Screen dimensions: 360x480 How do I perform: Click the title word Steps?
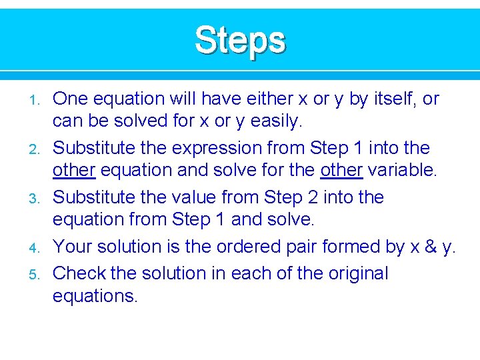240,41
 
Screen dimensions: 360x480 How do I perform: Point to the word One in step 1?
71,99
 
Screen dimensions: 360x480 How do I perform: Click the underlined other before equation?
74,171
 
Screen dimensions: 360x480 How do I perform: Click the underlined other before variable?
341,171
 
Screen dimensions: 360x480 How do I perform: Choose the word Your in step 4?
73,247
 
